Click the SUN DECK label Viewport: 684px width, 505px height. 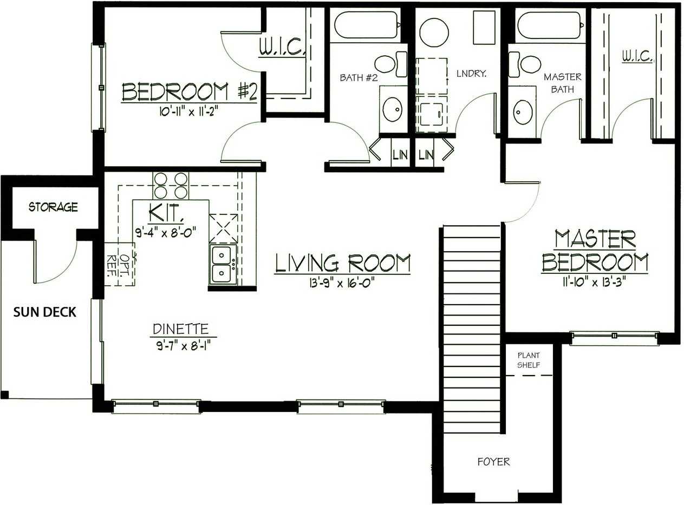click(45, 312)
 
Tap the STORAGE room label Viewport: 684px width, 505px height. click(53, 207)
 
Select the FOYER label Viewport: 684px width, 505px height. click(494, 462)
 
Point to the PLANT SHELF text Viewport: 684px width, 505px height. click(529, 360)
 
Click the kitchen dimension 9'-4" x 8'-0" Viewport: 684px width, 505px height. click(166, 232)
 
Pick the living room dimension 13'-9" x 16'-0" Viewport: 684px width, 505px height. click(342, 283)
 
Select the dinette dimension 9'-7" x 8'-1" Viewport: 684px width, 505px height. click(185, 346)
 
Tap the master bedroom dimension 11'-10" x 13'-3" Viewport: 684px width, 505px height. click(594, 282)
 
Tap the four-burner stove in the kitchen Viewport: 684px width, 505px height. click(171, 186)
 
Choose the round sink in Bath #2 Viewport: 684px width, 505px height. click(393, 109)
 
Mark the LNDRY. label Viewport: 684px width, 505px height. click(472, 74)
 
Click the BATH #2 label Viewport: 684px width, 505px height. click(359, 77)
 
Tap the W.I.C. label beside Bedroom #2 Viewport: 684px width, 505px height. click(282, 47)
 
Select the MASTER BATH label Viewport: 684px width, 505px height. click(563, 83)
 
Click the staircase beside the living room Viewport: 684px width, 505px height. click(472, 329)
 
